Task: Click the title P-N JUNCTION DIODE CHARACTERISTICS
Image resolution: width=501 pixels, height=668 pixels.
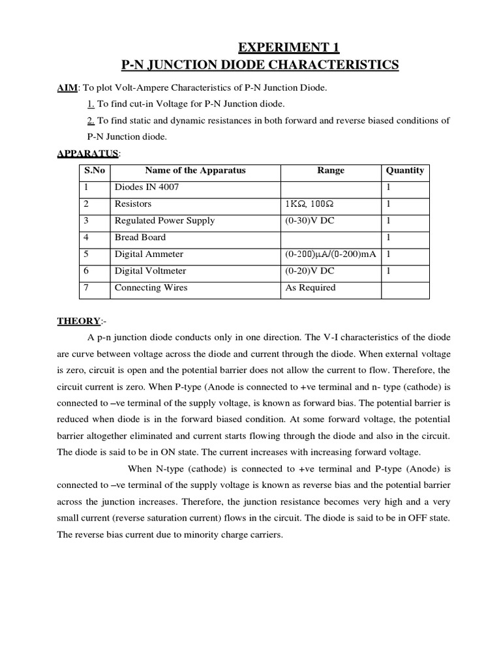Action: (260, 65)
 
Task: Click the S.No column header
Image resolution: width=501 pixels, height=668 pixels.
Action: (94, 171)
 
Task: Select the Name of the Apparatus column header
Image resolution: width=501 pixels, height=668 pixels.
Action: (195, 171)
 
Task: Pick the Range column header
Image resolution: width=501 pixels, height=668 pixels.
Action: (331, 171)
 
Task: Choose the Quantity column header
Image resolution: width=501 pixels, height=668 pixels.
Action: (404, 171)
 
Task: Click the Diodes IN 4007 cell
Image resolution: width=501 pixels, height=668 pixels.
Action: (147, 188)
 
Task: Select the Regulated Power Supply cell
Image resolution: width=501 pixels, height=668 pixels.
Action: (164, 221)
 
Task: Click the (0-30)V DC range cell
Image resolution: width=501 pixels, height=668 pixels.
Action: (309, 221)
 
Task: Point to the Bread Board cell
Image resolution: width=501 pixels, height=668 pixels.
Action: (140, 237)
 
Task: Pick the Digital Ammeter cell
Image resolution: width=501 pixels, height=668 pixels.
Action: (149, 254)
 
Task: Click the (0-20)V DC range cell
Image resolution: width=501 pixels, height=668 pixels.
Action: (309, 271)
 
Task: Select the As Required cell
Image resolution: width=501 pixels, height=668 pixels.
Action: (311, 288)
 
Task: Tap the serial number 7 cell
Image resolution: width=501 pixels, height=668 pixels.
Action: (86, 288)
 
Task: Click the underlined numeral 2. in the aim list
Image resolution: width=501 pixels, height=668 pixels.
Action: (91, 121)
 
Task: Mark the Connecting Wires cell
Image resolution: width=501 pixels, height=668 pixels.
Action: (151, 288)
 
